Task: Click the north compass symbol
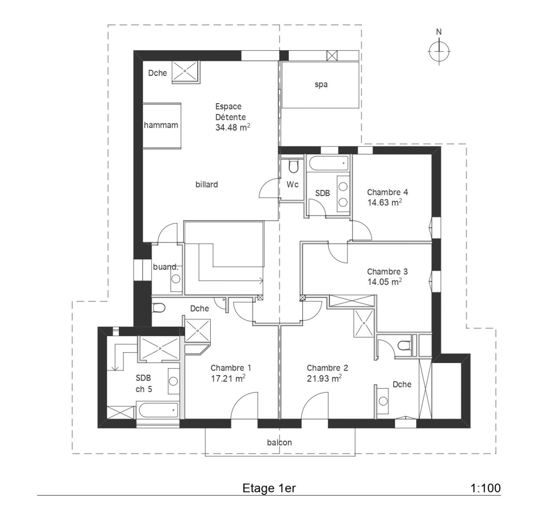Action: [x=439, y=51]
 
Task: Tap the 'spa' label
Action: [x=321, y=85]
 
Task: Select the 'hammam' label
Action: [x=161, y=125]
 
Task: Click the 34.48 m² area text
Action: [x=232, y=127]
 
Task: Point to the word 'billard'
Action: [x=207, y=184]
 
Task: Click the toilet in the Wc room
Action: [x=293, y=166]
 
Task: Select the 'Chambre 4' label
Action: [x=387, y=192]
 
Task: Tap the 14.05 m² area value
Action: [x=384, y=282]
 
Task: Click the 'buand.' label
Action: [x=166, y=267]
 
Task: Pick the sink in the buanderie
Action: [x=176, y=279]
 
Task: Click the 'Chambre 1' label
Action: [x=231, y=368]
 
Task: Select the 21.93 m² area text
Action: [x=324, y=379]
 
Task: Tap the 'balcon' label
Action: [x=279, y=442]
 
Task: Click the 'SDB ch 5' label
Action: [x=144, y=384]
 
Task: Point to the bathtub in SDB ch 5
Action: [x=157, y=410]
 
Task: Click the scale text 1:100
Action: [x=486, y=488]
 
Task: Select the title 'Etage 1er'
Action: [x=269, y=488]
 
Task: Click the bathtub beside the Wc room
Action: [x=329, y=163]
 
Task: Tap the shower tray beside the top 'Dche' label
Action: [x=185, y=71]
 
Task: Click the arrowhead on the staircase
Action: [x=261, y=281]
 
